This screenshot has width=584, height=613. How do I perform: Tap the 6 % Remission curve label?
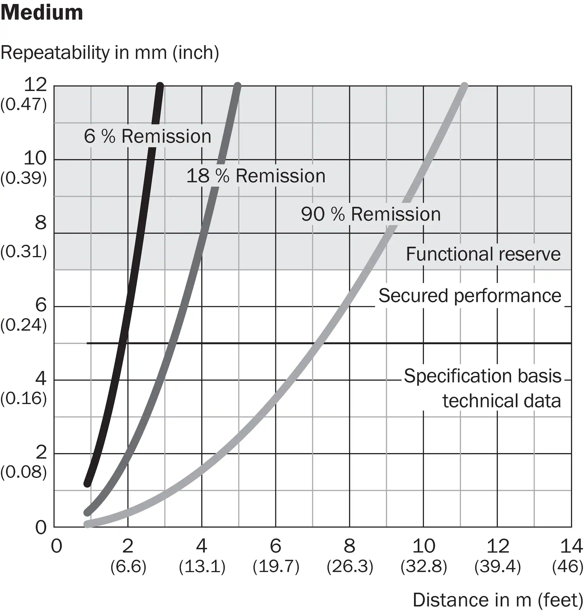pos(148,136)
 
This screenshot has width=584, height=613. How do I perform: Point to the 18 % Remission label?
pos(255,176)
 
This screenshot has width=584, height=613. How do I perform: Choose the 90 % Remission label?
pos(371,214)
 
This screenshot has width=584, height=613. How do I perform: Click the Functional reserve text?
pos(483,254)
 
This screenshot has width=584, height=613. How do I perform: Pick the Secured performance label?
pos(470,295)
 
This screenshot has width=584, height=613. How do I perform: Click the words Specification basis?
pos(482,376)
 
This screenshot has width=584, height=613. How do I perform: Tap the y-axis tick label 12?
pos(35,84)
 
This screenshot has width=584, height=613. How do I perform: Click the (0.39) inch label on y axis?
pos(24,178)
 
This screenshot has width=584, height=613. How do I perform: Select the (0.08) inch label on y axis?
pos(24,472)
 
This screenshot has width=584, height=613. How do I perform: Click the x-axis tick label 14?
pos(571,546)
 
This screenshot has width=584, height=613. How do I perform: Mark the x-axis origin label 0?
pos(57,546)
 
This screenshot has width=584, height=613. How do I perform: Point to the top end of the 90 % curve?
pos(464,86)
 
